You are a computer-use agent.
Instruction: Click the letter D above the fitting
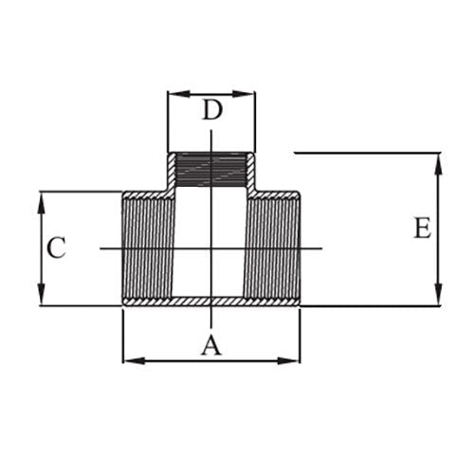click(x=212, y=110)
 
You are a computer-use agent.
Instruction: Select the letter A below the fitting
click(x=210, y=346)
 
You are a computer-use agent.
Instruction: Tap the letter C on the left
click(x=57, y=248)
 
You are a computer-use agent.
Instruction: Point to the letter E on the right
click(x=422, y=228)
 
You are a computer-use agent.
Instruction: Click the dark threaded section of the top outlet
click(x=211, y=170)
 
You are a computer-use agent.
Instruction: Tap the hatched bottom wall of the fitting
click(x=211, y=301)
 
